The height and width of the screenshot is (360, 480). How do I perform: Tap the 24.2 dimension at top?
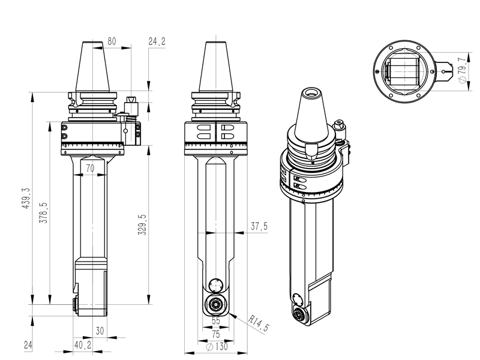[x=157, y=41]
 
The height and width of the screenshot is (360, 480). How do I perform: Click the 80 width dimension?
[x=112, y=41]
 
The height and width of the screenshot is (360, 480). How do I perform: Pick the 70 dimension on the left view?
[x=90, y=169]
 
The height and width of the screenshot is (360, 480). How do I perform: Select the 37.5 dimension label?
[x=259, y=226]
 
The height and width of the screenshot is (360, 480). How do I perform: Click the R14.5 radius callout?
[x=259, y=326]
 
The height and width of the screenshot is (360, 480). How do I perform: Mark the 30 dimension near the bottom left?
[x=100, y=331]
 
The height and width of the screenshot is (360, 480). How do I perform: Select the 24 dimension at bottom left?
[x=28, y=345]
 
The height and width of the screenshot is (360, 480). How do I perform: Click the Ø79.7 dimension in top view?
[x=461, y=71]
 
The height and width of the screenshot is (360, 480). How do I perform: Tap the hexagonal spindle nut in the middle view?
[x=215, y=304]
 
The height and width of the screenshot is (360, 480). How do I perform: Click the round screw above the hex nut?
[x=215, y=285]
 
